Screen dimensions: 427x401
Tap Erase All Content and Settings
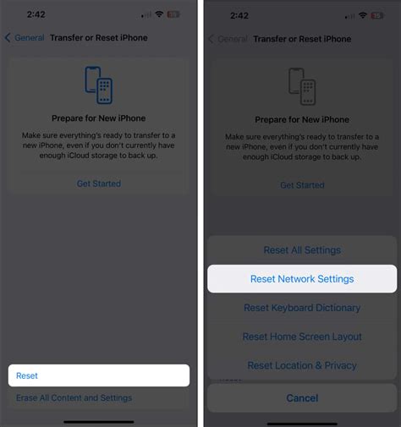click(x=74, y=397)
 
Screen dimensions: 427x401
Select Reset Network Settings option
click(x=302, y=279)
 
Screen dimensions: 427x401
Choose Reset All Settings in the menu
click(x=302, y=250)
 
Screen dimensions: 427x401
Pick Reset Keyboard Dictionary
click(x=302, y=308)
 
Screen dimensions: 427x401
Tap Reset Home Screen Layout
click(x=302, y=337)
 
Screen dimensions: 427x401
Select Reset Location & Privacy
click(x=302, y=365)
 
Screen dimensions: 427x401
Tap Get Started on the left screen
click(x=99, y=183)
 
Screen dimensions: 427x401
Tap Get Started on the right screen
click(x=302, y=185)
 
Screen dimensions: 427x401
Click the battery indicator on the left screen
click(x=173, y=15)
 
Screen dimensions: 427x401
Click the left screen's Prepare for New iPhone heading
click(x=99, y=118)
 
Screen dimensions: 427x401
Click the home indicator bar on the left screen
click(x=99, y=421)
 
